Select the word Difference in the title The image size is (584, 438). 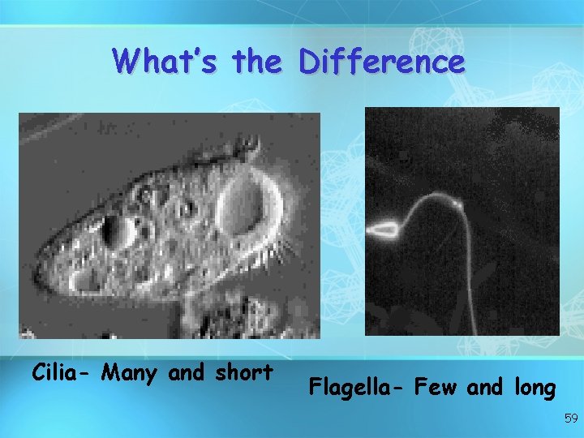381,61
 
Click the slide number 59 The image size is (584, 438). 570,419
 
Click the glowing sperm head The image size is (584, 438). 383,230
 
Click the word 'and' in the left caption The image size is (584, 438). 187,373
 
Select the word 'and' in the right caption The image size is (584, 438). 485,389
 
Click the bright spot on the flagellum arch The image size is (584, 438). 458,205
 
